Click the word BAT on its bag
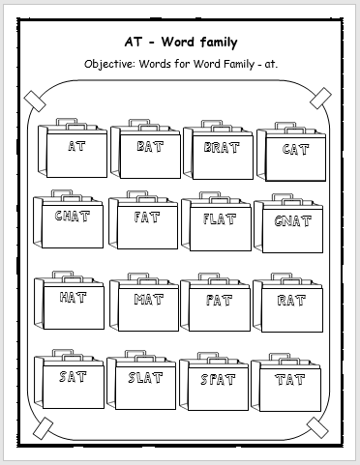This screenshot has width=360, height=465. coord(150,147)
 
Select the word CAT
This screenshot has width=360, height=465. coord(294,149)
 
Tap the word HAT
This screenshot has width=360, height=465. coord(74,297)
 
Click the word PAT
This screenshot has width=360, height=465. coord(219,300)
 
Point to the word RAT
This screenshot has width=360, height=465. coord(291,301)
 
